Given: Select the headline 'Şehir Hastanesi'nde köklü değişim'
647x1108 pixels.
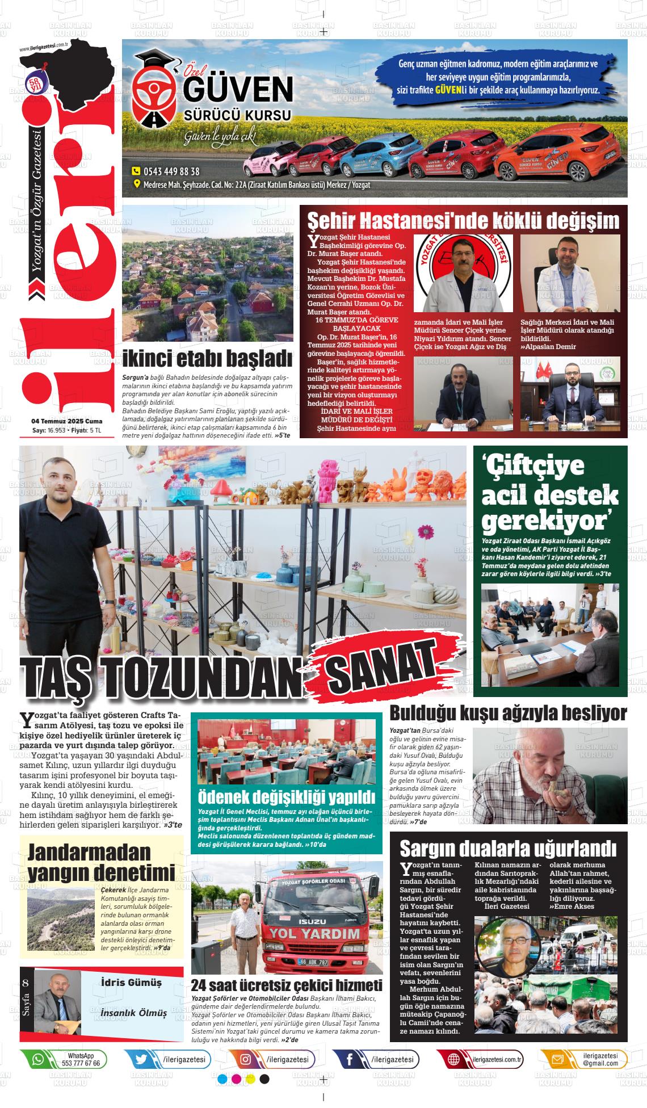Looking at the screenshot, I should pos(463,220).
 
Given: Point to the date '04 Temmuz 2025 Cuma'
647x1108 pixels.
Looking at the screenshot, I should pos(67,421).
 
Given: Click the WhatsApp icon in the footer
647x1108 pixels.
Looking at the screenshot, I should pos(38,1059).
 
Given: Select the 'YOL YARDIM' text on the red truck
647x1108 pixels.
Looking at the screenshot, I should pos(322,933).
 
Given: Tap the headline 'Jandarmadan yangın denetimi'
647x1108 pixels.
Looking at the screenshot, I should pos(101,862).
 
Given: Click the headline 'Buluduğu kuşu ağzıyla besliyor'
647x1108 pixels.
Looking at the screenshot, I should pos(508,712).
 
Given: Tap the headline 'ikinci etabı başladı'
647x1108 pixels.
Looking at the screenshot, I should pos(207,359).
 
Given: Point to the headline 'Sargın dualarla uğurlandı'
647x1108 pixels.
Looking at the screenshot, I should pos(508,849).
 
